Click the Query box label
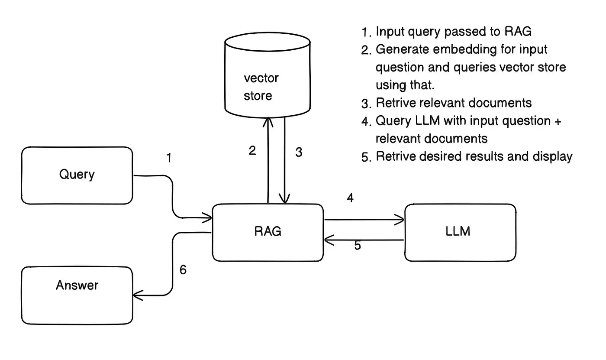point(77,175)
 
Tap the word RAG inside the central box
point(268,231)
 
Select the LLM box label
point(458,231)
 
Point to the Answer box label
point(77,285)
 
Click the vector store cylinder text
point(261,87)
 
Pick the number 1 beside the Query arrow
point(169,158)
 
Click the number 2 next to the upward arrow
point(252,151)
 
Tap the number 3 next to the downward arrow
point(299,152)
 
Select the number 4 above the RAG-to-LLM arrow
point(350,198)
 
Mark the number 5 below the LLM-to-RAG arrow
point(358,246)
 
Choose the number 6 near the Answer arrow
point(183,270)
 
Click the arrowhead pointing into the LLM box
point(401,220)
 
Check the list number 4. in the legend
point(367,122)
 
